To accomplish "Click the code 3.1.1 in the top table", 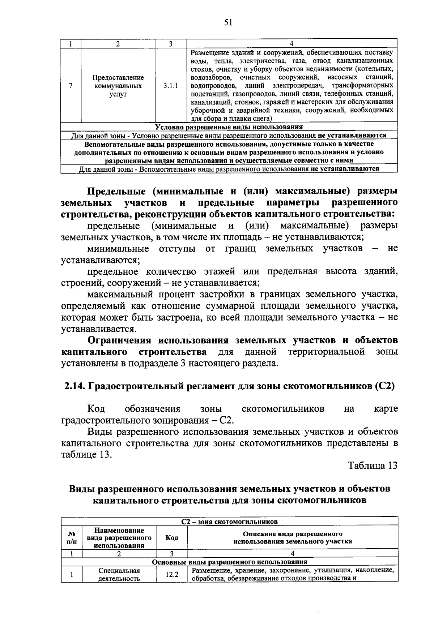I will pos(170,86).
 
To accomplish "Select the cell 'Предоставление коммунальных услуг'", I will pos(118,86).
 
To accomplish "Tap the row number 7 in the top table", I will pos(71,86).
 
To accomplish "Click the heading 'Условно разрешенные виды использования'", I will pos(229,127).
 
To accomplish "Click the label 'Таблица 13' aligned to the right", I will pos(373,466).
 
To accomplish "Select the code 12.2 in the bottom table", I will pos(171,574).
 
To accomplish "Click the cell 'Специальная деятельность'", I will pos(119,575).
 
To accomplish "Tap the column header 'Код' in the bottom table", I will pos(171,538).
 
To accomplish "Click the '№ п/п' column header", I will pos(72,538).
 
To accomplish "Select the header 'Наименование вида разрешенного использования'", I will pos(119,538).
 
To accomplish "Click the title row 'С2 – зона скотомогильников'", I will pos(229,522).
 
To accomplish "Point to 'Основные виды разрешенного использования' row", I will pos(229,562).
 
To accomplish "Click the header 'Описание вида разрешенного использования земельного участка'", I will pos(292,538).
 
